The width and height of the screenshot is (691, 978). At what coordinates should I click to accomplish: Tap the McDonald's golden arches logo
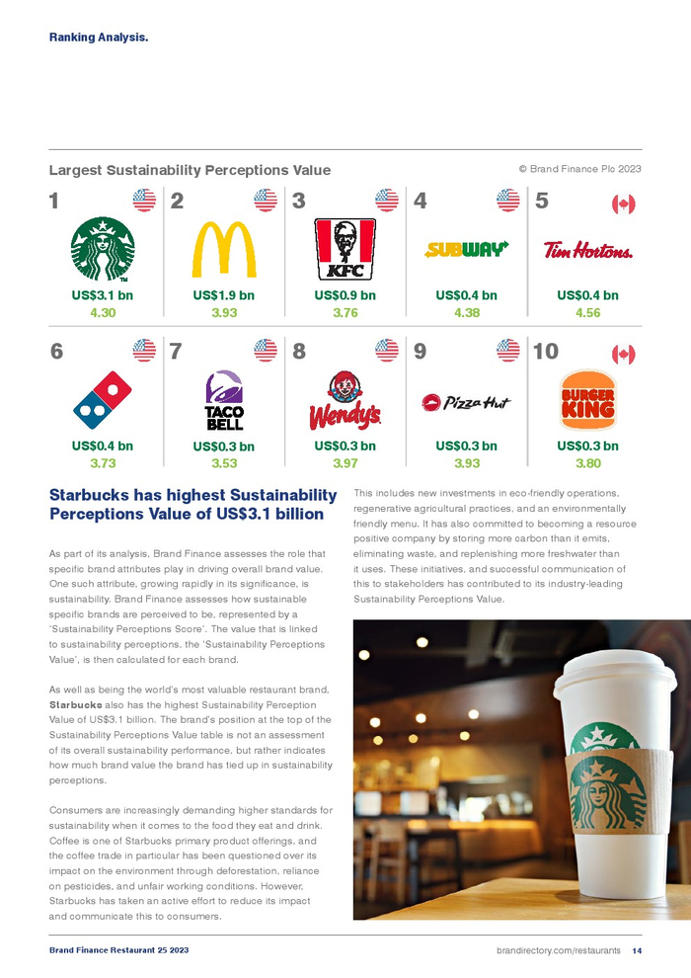tap(224, 249)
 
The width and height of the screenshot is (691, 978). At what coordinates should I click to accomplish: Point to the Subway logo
tap(466, 249)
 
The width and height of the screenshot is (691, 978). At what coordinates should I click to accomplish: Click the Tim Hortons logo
tap(587, 250)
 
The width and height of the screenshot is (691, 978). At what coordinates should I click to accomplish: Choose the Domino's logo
tap(103, 399)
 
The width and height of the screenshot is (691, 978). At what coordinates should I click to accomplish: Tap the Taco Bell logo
tap(224, 400)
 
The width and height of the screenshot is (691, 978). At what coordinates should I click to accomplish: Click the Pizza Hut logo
tap(466, 402)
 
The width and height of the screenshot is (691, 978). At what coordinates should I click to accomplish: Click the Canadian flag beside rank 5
tap(623, 204)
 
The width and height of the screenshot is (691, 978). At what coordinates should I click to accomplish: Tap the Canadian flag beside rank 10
tap(623, 354)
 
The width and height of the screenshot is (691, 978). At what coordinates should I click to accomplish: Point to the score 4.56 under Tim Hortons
tap(587, 313)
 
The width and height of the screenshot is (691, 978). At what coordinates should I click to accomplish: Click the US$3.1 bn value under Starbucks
tap(103, 295)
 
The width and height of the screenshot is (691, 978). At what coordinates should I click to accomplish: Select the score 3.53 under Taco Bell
tap(224, 462)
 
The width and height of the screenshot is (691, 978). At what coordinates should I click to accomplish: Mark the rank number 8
tap(299, 351)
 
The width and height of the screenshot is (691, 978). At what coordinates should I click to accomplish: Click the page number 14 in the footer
tap(637, 950)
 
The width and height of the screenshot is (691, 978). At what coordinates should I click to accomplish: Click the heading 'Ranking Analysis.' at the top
tap(99, 38)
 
